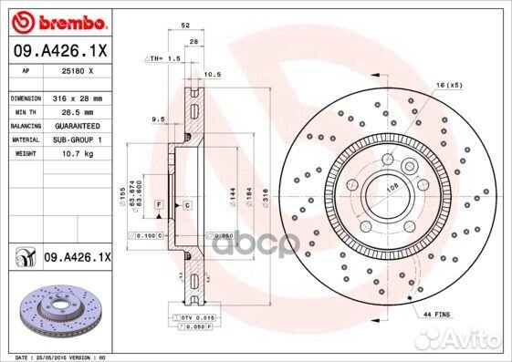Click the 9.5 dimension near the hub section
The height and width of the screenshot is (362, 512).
(x=157, y=119)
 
